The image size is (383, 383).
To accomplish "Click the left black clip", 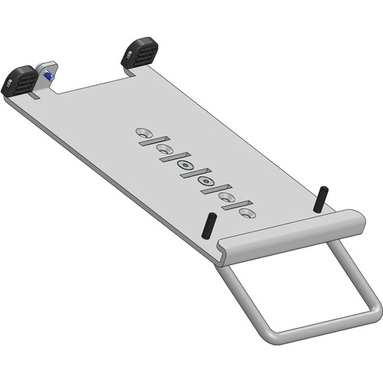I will [x=19, y=80].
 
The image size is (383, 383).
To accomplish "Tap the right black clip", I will [x=140, y=53].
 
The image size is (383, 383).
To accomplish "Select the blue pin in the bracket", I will [x=48, y=76].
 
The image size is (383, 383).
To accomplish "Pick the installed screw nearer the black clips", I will [x=184, y=164].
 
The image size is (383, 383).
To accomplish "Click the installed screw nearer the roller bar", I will [x=205, y=182].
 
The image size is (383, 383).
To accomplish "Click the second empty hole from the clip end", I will [x=163, y=148].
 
